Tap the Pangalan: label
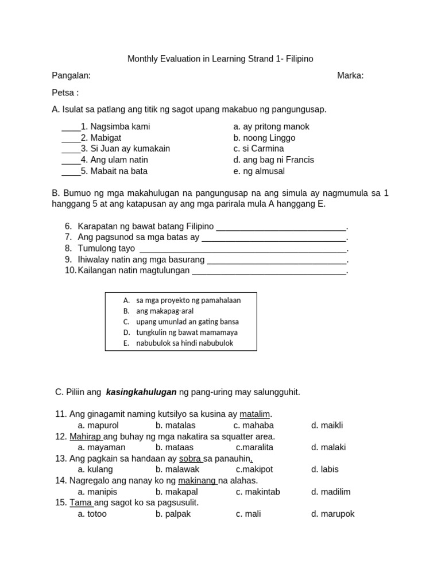pyautogui.click(x=71, y=76)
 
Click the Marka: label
pyautogui.click(x=350, y=76)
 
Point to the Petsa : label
pyautogui.click(x=65, y=92)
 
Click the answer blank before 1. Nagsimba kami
pyautogui.click(x=71, y=127)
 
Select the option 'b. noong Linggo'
pyautogui.click(x=264, y=138)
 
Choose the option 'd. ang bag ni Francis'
pyautogui.click(x=273, y=160)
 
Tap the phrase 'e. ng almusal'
pyautogui.click(x=259, y=171)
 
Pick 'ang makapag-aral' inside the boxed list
pyautogui.click(x=165, y=311)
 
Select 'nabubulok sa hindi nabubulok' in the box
pyautogui.click(x=184, y=343)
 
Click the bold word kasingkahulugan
pyautogui.click(x=141, y=392)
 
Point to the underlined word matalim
pyautogui.click(x=254, y=414)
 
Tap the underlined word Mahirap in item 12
pyautogui.click(x=85, y=436)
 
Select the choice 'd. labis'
pyautogui.click(x=325, y=470)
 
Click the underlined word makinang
pyautogui.click(x=196, y=481)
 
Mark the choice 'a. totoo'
pyautogui.click(x=92, y=514)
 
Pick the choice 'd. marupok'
pyautogui.click(x=333, y=514)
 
